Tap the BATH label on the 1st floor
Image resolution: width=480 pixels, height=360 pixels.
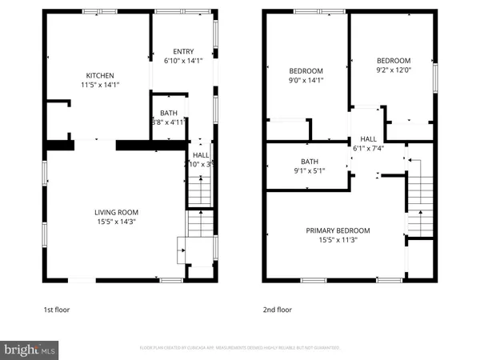[x=168, y=113]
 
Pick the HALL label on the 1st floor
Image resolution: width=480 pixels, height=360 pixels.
[x=200, y=154]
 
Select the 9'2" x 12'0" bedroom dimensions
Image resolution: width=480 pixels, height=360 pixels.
[x=393, y=70]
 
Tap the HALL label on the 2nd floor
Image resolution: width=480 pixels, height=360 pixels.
[x=368, y=138]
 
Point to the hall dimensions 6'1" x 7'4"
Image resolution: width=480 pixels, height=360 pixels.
[x=369, y=147]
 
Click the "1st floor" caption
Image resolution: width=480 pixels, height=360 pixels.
[x=58, y=310]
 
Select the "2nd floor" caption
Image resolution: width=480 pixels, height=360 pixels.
[x=278, y=310]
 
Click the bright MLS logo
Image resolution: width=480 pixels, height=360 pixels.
[x=30, y=349]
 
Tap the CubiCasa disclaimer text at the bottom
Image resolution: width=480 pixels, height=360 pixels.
[x=240, y=349]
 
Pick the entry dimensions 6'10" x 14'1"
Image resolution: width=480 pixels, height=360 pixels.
[x=183, y=60]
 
